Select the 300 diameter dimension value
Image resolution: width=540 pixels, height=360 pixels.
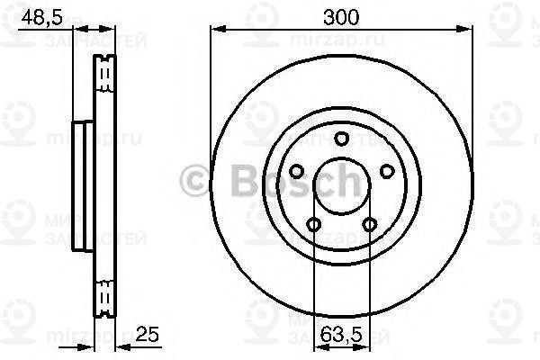(x=340, y=15)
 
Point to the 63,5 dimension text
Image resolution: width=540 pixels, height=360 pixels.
(x=341, y=334)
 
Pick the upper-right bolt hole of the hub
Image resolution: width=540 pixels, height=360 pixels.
(x=386, y=170)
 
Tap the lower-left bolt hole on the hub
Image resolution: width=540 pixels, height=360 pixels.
(x=313, y=224)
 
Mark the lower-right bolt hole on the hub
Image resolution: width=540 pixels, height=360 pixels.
(x=368, y=224)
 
